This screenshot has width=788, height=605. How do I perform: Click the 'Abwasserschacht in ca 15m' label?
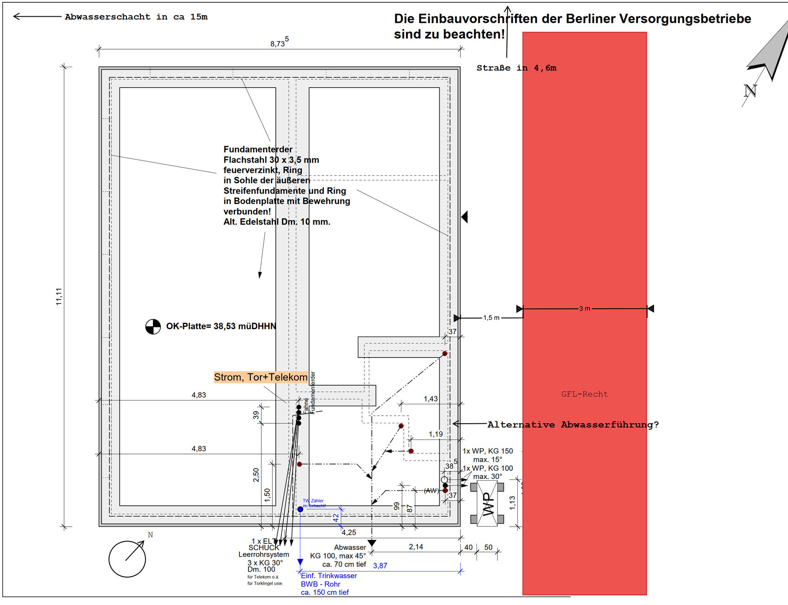[136, 17]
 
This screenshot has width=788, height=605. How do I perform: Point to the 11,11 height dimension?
[59, 296]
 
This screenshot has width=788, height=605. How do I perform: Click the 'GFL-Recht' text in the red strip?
[584, 394]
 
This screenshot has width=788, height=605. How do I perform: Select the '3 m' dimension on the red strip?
[585, 308]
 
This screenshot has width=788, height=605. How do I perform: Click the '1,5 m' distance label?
[491, 318]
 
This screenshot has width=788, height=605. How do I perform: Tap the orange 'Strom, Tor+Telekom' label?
[261, 377]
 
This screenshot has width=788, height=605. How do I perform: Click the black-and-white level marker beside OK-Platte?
[153, 326]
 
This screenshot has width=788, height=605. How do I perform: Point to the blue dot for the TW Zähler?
[300, 509]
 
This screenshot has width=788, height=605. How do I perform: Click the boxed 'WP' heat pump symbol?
[487, 503]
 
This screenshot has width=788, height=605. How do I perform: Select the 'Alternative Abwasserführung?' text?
[573, 425]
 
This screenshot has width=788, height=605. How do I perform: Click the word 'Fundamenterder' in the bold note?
[258, 149]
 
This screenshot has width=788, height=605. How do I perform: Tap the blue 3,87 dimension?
[380, 566]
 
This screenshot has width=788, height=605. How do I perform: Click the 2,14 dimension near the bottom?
[416, 547]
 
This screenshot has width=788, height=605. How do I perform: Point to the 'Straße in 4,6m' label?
[516, 68]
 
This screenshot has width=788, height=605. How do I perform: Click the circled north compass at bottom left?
[127, 559]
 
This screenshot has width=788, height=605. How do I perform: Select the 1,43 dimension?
[431, 399]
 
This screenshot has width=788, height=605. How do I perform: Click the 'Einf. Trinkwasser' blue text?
[329, 576]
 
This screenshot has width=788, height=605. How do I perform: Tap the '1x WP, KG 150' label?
[488, 451]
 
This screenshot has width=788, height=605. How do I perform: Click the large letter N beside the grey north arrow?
[750, 90]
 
